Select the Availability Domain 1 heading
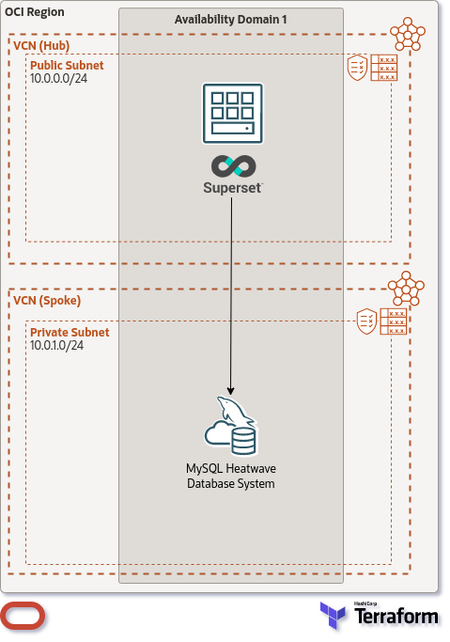coord(230,20)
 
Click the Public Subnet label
coord(67,66)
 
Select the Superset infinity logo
coord(231,166)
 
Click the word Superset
coord(231,187)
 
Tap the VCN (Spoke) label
coord(47,300)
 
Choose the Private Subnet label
coord(70,333)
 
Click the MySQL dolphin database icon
coord(231,425)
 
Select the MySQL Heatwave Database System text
coord(231,476)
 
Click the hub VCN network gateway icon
coord(408,34)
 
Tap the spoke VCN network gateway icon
coord(408,288)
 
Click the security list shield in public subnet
coord(358,67)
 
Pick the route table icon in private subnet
coord(393,321)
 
